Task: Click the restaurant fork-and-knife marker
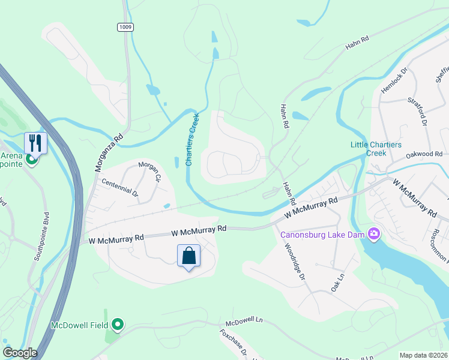click(x=35, y=142)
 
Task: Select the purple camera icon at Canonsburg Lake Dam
click(x=375, y=233)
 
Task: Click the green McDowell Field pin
click(x=118, y=325)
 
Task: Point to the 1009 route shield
click(x=125, y=27)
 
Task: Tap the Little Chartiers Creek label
click(x=368, y=148)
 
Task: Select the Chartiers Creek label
click(x=193, y=139)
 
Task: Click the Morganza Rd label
click(x=109, y=153)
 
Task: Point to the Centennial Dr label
click(x=119, y=188)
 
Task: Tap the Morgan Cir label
click(x=150, y=172)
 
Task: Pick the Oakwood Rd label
click(x=423, y=154)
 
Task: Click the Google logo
click(x=20, y=353)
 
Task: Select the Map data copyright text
click(x=424, y=355)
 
